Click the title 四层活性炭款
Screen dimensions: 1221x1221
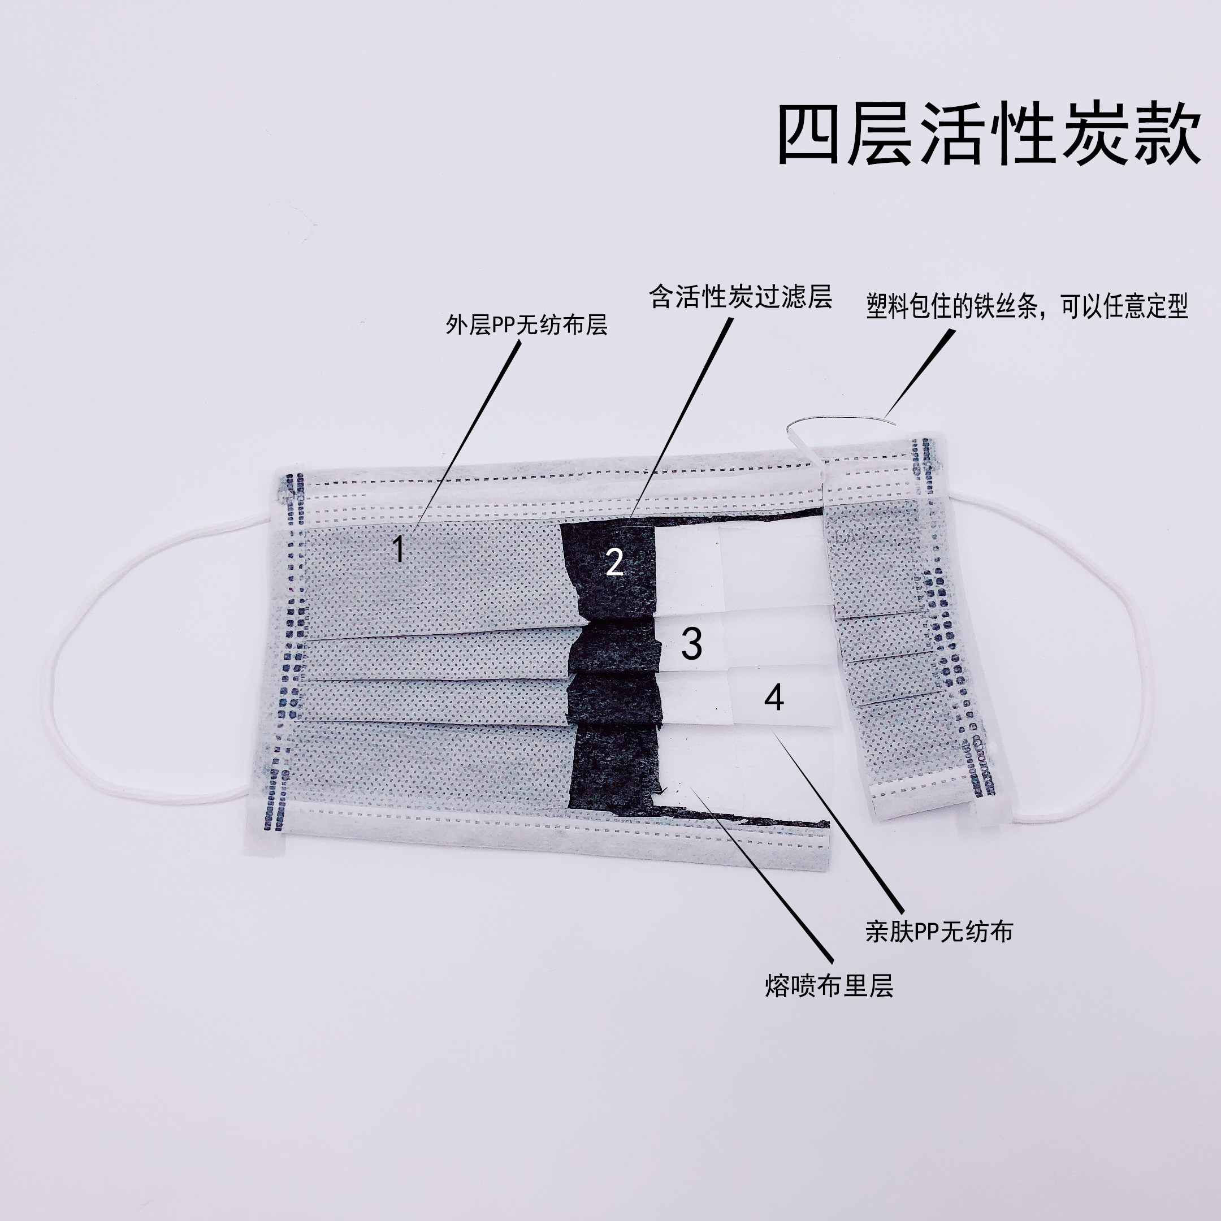(x=989, y=135)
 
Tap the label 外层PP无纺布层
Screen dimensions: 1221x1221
(x=526, y=325)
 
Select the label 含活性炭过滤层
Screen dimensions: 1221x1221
(x=740, y=296)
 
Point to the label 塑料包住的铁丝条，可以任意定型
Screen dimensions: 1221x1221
(x=1027, y=307)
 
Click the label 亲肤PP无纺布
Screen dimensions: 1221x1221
(x=938, y=932)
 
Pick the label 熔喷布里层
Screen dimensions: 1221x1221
(x=829, y=985)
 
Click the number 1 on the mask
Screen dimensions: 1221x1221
(x=398, y=548)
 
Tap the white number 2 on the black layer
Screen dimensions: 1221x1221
(x=614, y=561)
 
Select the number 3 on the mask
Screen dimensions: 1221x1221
(x=691, y=644)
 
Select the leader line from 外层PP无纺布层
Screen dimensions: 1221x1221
(x=467, y=436)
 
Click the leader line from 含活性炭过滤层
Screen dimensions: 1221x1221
(x=682, y=417)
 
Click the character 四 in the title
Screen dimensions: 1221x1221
(x=810, y=135)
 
